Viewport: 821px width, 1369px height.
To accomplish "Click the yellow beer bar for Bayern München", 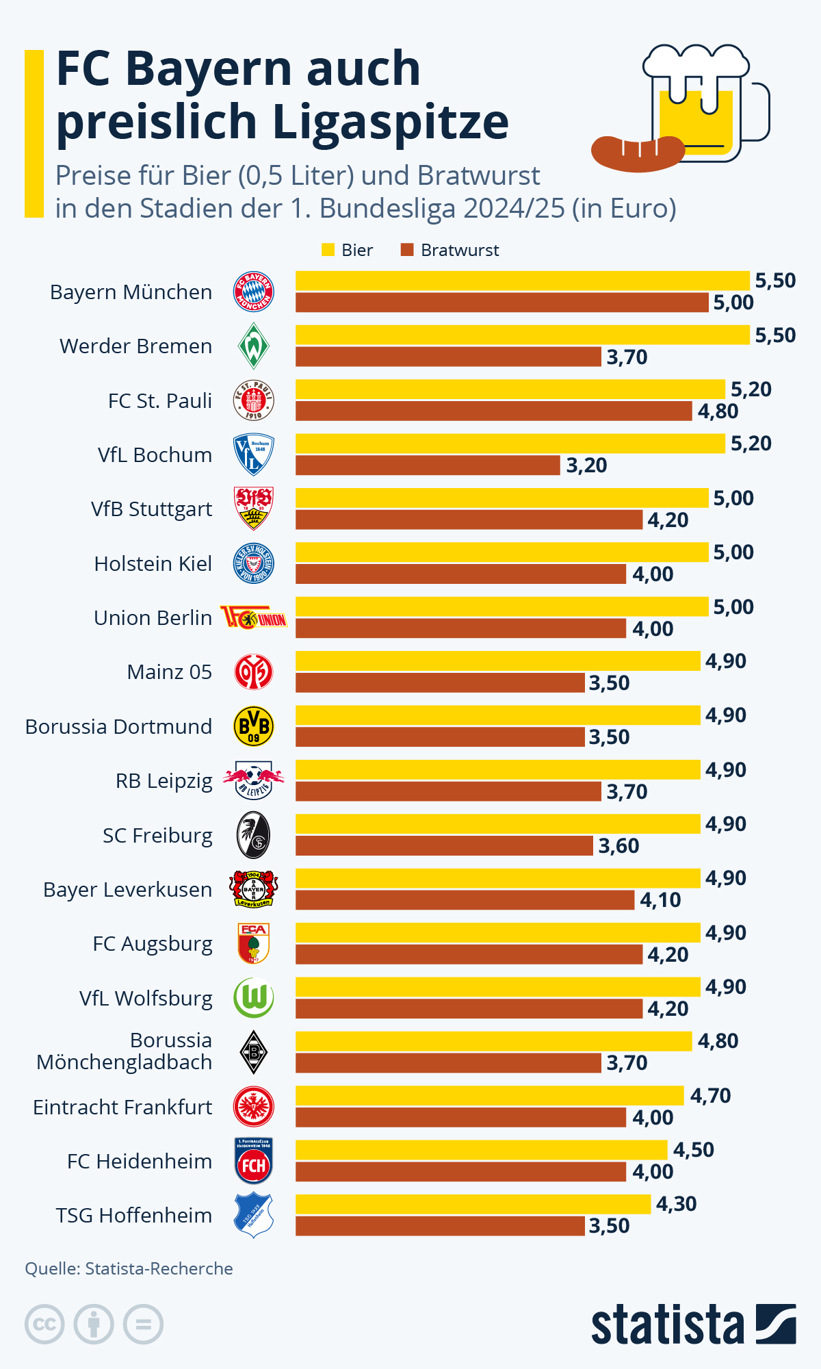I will (522, 281).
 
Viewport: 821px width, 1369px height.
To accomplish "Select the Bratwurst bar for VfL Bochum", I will (428, 465).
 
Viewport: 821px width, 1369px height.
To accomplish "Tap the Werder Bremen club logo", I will (254, 346).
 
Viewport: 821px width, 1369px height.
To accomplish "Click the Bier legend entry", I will (348, 250).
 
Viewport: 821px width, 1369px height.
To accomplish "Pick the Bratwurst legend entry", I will (450, 250).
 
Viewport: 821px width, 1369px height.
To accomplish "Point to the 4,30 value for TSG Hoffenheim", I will (676, 1204).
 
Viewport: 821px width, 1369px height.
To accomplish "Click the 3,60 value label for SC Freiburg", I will (618, 846).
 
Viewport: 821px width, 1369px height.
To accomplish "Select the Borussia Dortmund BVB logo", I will (254, 726).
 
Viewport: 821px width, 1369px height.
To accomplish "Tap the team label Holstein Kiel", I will (153, 563).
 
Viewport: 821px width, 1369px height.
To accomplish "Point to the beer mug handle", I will (758, 113).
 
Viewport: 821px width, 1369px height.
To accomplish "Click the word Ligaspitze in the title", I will (390, 122).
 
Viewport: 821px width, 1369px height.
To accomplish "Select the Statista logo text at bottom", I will (667, 1325).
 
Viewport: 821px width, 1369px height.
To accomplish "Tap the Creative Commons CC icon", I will (44, 1325).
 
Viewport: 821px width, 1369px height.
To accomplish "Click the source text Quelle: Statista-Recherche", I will (129, 1268).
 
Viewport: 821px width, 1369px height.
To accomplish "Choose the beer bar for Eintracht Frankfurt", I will (489, 1095).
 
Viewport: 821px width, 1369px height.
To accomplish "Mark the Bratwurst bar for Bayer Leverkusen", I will (465, 900).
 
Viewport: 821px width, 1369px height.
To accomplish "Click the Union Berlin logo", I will (254, 618).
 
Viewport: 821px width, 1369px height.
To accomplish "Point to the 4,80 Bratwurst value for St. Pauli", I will (718, 411).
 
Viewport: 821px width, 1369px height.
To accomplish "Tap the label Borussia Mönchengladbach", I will (125, 1051).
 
